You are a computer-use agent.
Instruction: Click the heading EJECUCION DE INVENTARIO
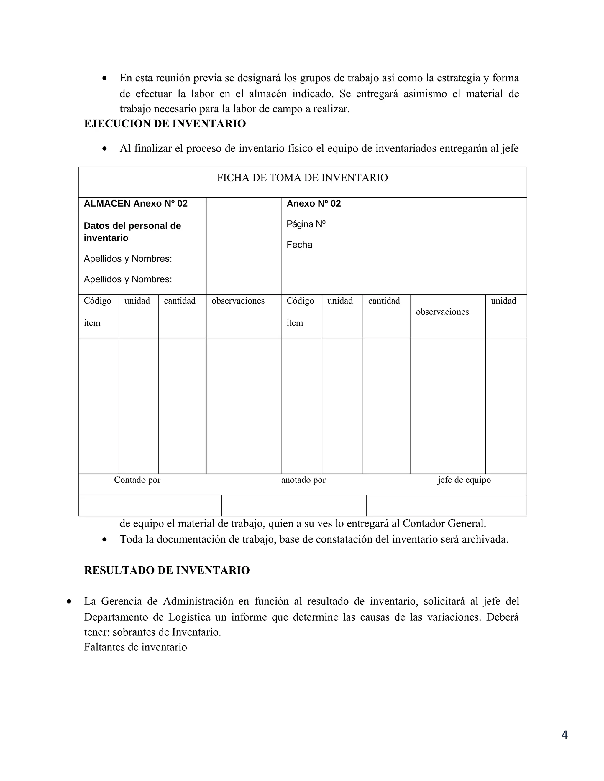165,124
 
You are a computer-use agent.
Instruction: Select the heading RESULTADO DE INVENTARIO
167,570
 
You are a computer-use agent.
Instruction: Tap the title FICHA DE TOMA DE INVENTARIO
302,178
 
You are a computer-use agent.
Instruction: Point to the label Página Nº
306,224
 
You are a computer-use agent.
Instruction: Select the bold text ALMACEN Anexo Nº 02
136,204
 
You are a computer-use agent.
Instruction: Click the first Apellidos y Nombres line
128,258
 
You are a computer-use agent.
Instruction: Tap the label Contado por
137,480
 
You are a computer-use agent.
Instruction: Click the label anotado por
303,480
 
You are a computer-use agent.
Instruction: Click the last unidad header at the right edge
503,301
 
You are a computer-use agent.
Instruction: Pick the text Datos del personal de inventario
132,232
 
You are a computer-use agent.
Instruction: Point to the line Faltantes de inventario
136,647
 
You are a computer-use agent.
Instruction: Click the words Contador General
444,523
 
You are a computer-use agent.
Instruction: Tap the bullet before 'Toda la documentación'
104,540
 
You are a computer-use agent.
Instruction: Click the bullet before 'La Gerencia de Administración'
69,602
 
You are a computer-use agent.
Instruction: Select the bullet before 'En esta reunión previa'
104,78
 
